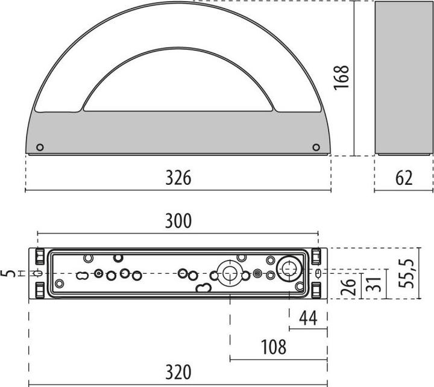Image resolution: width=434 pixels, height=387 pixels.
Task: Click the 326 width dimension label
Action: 178,178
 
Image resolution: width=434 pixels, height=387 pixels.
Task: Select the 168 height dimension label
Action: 341,77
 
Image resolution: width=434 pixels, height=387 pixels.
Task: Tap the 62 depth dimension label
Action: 404,178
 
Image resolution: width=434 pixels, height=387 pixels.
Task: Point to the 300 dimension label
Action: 178,221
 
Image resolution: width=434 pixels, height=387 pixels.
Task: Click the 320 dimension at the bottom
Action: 178,372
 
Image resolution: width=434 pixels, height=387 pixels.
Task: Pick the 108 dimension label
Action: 274,347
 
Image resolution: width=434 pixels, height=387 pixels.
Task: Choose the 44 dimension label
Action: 308,318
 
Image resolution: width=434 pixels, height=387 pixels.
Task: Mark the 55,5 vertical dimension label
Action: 406,274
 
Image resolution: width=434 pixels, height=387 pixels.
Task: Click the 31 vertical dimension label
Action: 373,284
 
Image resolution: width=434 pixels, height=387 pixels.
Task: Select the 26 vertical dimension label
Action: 348,287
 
